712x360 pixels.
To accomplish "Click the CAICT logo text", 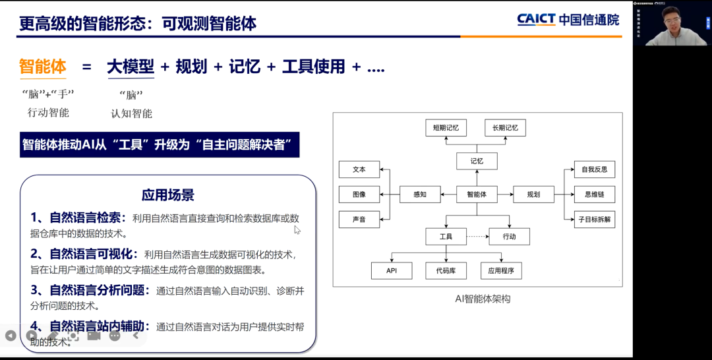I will click(x=536, y=20).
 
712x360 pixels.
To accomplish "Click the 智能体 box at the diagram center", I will click(x=477, y=195).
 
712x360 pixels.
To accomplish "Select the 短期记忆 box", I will click(x=446, y=127).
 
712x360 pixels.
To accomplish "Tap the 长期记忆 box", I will click(x=505, y=127).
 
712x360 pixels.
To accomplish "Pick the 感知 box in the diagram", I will click(x=420, y=195).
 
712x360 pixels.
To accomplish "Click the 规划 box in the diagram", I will click(x=533, y=195).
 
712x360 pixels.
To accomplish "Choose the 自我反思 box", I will click(x=594, y=169).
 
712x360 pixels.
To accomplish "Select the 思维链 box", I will click(x=594, y=195).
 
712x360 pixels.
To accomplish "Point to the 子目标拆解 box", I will click(x=594, y=220).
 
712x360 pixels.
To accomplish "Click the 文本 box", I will click(x=359, y=169).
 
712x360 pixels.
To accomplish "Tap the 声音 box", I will click(x=359, y=220).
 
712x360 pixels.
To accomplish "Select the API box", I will click(x=392, y=270).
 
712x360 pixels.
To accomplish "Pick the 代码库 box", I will click(x=446, y=270).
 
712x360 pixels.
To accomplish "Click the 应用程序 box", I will click(x=501, y=270).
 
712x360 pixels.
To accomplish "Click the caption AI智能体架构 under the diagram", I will click(x=483, y=299).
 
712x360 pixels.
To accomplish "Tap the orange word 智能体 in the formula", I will click(x=43, y=67).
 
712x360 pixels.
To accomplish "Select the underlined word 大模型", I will click(x=131, y=67).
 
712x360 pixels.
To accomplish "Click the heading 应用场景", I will click(x=167, y=195).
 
